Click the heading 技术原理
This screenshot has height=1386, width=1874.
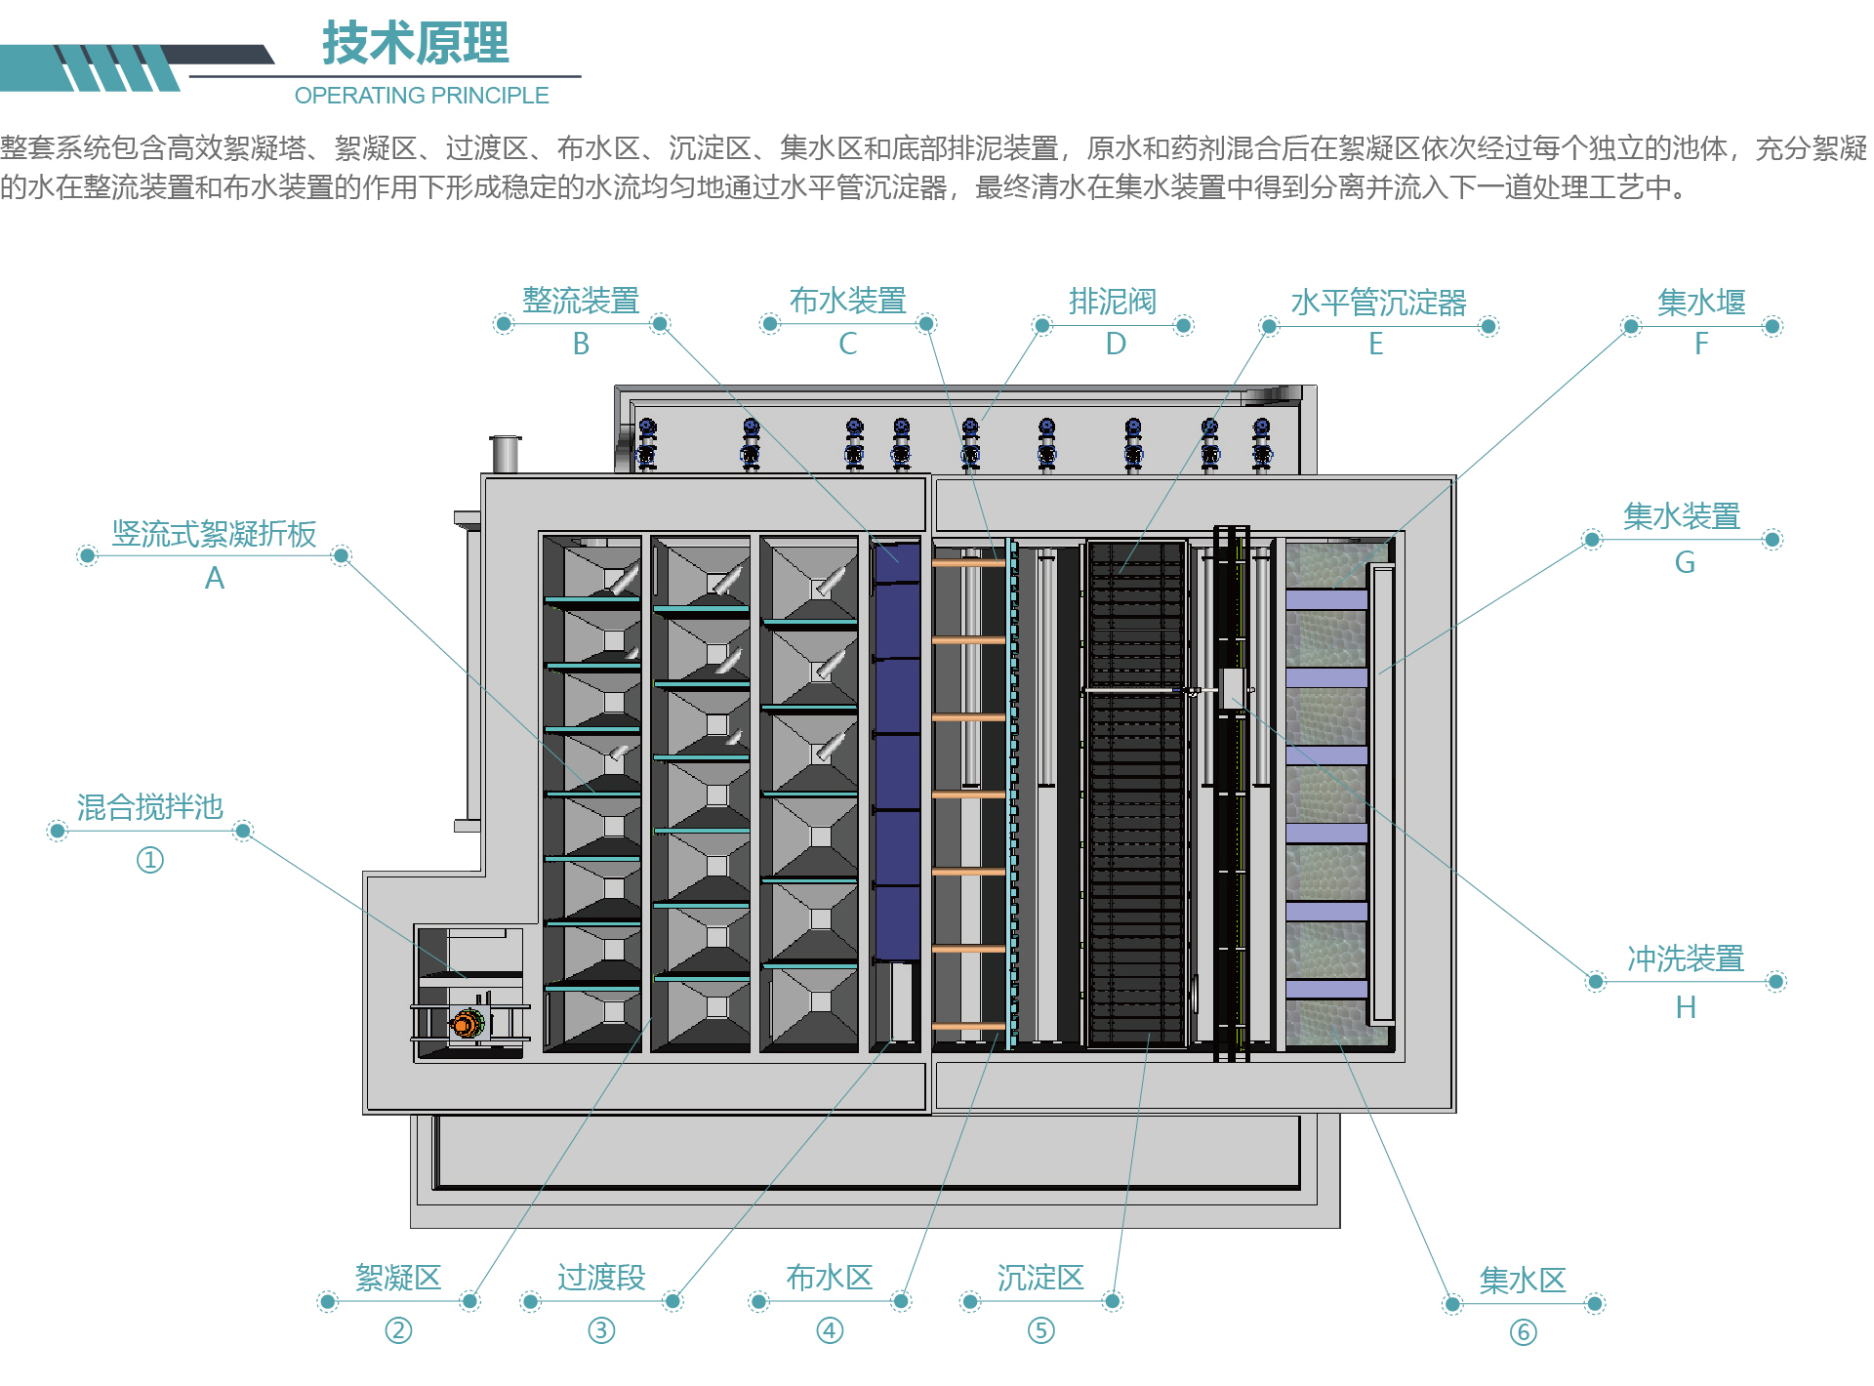(x=415, y=43)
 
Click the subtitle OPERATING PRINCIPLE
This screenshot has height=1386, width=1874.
(x=422, y=96)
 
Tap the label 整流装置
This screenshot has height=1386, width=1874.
(x=581, y=301)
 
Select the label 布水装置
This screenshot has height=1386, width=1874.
(x=847, y=301)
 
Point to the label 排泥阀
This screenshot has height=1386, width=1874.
(x=1113, y=302)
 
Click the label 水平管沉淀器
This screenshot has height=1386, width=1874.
(x=1378, y=303)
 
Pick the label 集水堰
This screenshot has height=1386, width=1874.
(x=1701, y=303)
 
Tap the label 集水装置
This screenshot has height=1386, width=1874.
(x=1682, y=516)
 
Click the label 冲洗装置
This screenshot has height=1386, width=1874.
(x=1686, y=958)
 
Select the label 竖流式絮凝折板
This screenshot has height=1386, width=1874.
(x=214, y=534)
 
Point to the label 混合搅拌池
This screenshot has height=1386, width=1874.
(x=150, y=807)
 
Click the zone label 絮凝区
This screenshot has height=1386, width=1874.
(x=398, y=1278)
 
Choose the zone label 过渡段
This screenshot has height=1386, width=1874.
(x=601, y=1278)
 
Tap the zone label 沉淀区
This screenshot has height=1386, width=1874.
(x=1040, y=1278)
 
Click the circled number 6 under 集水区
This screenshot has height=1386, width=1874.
(x=1523, y=1332)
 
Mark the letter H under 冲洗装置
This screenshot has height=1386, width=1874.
(x=1686, y=1007)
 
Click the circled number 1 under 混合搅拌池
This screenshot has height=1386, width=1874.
(x=149, y=860)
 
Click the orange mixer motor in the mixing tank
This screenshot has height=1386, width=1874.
(x=467, y=1024)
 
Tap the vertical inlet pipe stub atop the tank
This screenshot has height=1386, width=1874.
(x=505, y=454)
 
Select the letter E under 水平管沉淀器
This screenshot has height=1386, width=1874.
(x=1376, y=344)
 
